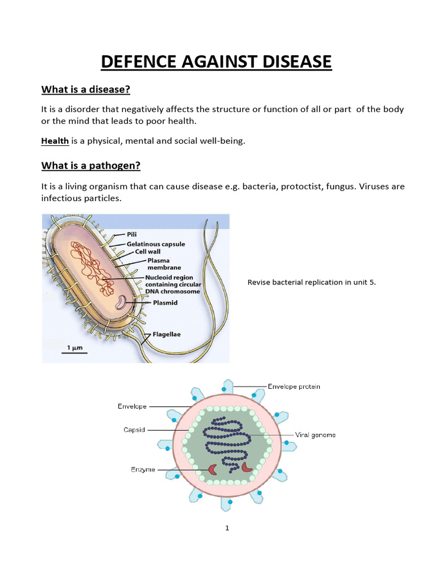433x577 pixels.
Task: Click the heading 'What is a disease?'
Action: tap(90, 90)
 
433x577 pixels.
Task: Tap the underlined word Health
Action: tap(55, 141)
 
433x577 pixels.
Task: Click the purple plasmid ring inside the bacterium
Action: tap(122, 304)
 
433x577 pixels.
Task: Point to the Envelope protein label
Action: tap(294, 387)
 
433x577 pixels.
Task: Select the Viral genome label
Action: tap(315, 434)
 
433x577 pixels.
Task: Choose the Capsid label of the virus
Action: tap(134, 429)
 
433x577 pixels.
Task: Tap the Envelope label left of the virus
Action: tap(132, 406)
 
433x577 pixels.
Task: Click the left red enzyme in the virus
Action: tap(213, 469)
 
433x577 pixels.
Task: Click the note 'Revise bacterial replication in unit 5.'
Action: tap(311, 282)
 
